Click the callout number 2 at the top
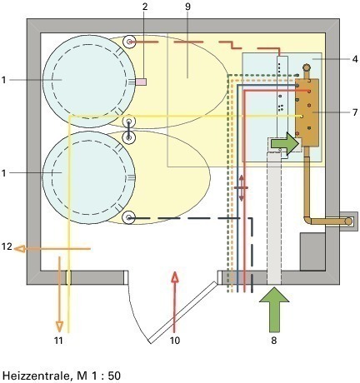145,7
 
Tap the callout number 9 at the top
187,7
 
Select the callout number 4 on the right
355,59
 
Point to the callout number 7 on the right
355,112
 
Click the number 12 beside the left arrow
7,246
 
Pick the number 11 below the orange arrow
58,340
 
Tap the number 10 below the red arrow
175,340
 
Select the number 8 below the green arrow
274,340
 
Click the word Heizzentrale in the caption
36,376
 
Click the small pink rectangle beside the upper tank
141,82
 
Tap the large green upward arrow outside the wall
274,310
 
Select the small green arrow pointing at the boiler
285,143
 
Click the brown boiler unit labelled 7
307,112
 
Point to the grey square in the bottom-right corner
312,251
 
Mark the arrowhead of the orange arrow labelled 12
19,249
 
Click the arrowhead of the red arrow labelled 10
174,276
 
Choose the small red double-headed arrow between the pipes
241,188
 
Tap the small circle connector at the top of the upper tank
129,42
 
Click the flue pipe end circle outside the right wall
348,221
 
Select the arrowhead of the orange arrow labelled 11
59,326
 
